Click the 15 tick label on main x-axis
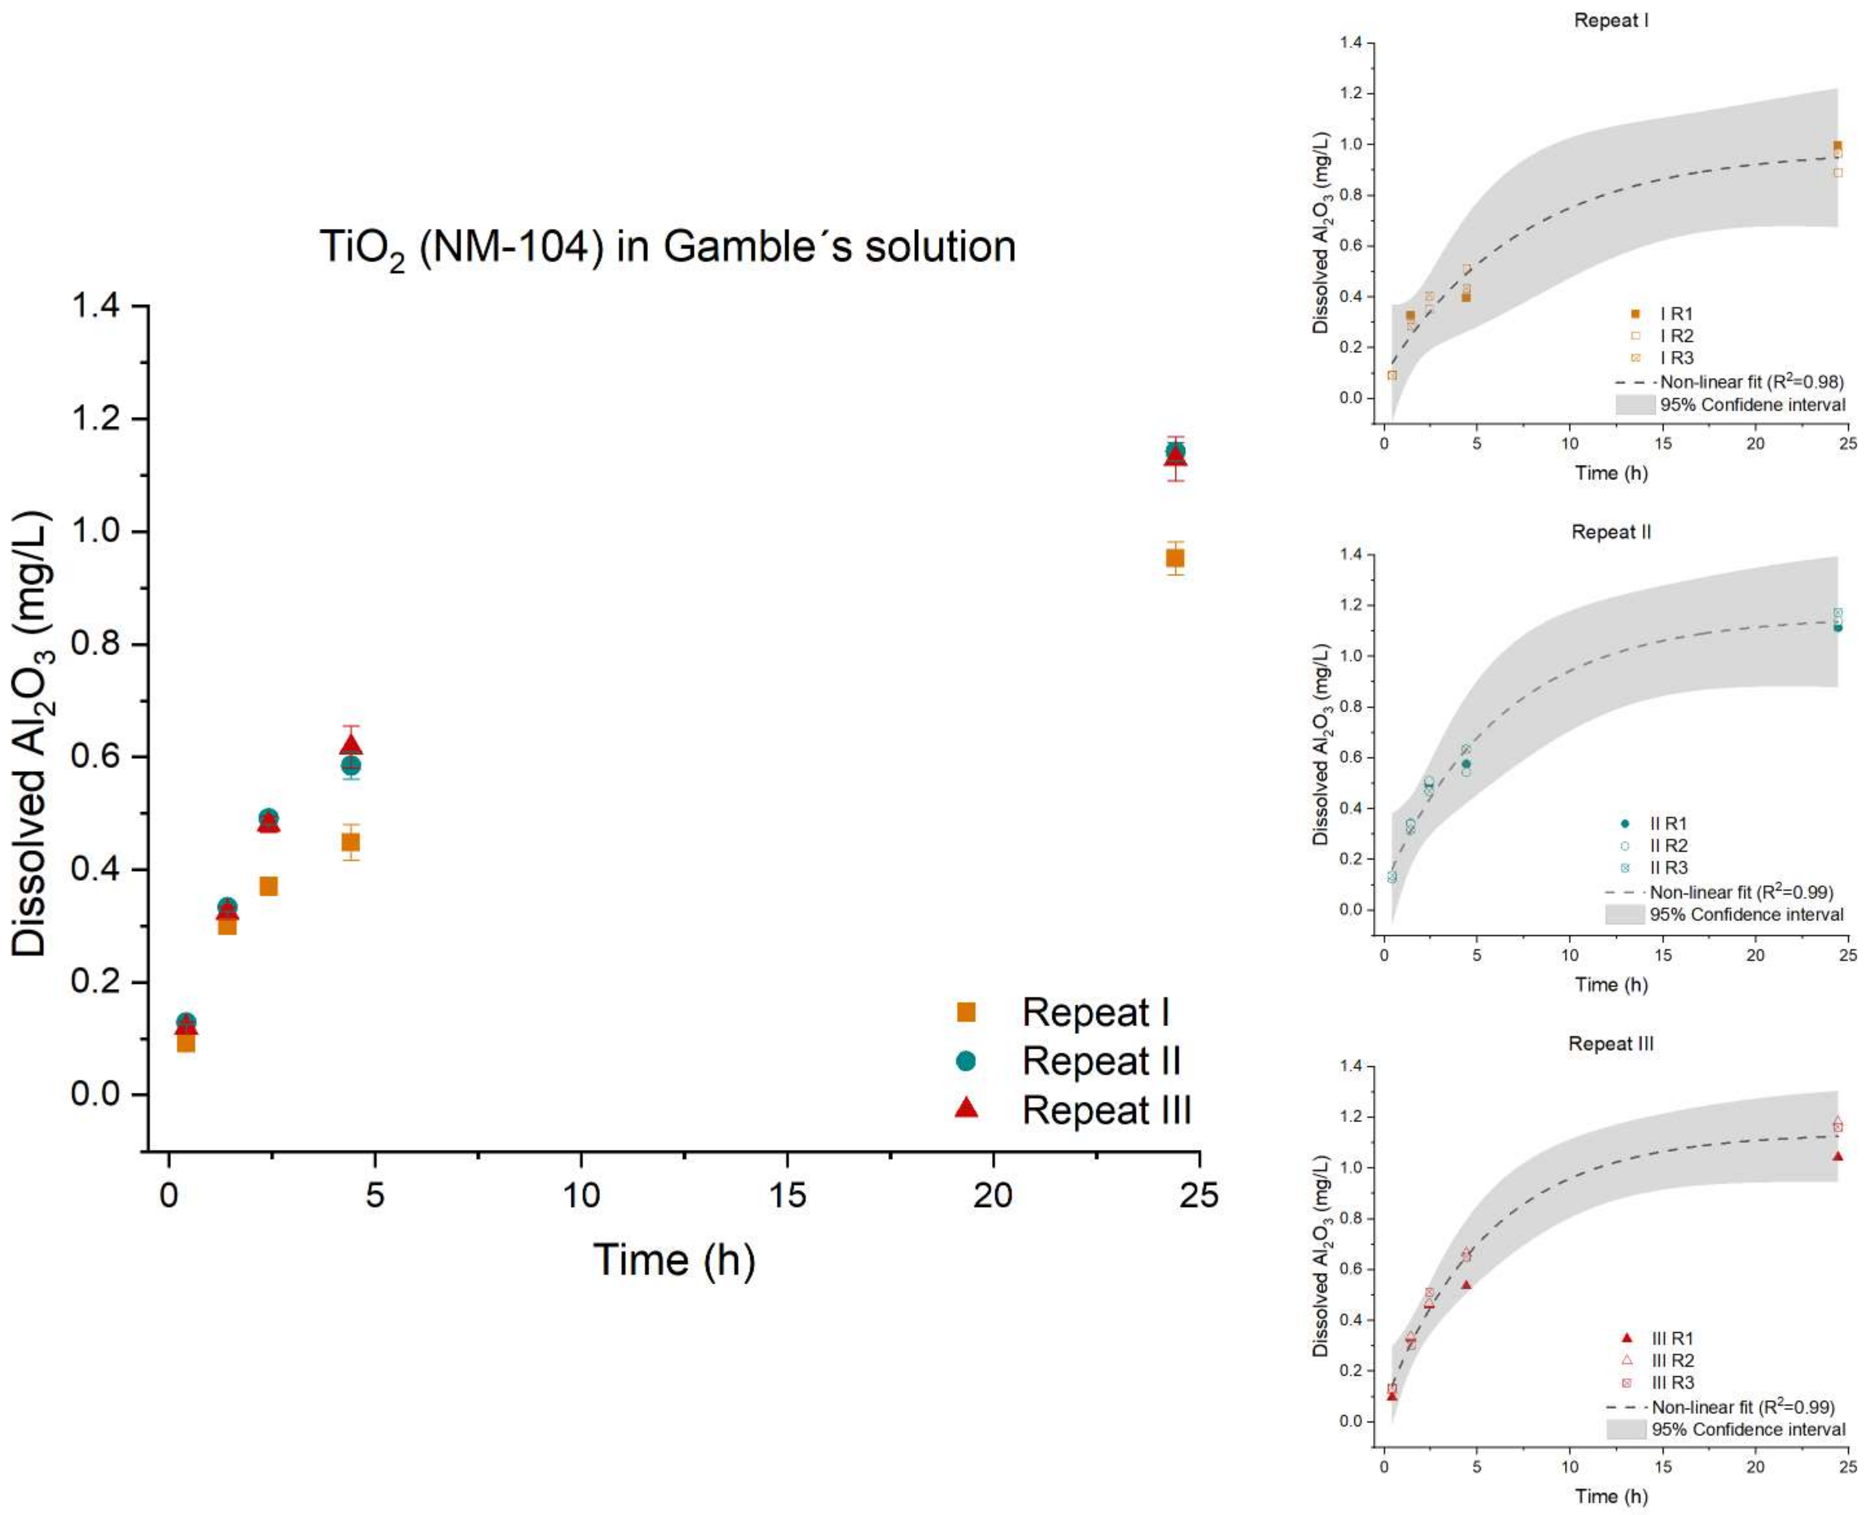click(787, 1194)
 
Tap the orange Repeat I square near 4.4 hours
click(351, 842)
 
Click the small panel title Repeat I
click(1611, 20)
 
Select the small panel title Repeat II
click(1611, 532)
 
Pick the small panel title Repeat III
click(1611, 1044)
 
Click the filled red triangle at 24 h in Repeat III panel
click(1838, 1157)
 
